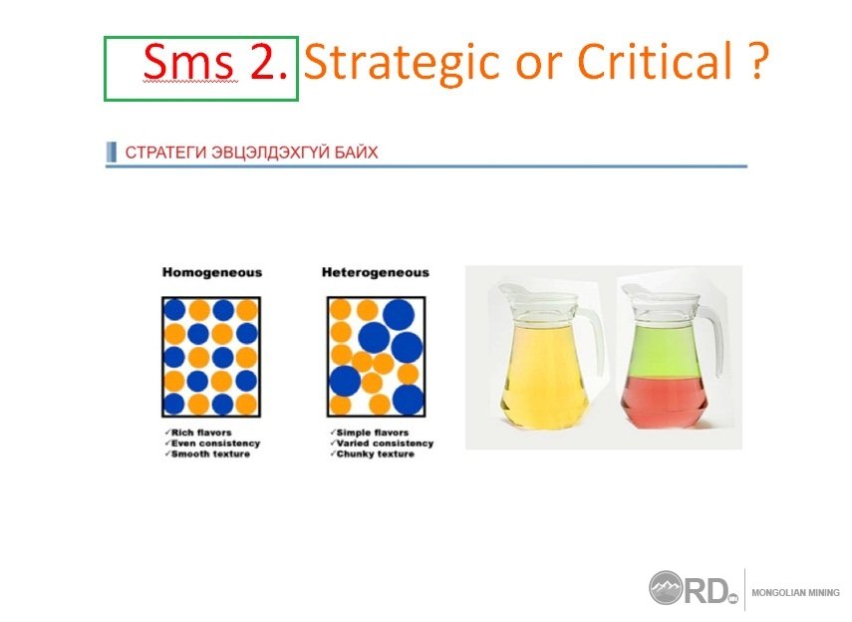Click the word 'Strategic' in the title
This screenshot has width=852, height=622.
pos(402,64)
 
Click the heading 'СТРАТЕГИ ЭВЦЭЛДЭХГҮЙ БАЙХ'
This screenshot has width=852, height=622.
pos(251,153)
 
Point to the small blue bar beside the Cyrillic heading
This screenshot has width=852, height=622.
pos(112,152)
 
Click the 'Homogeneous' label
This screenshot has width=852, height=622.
pos(212,272)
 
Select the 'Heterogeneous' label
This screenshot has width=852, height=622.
pos(376,272)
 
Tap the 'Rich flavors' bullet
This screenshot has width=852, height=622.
pos(198,433)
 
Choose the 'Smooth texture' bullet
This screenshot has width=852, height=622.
pos(207,454)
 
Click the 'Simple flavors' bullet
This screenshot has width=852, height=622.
pos(369,433)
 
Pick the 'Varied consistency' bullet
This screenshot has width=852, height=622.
pos(382,444)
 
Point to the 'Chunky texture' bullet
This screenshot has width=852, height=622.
pos(372,454)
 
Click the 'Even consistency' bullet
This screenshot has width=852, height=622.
pos(212,444)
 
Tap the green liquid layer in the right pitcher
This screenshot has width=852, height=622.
pos(664,351)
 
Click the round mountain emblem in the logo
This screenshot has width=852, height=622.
pos(666,588)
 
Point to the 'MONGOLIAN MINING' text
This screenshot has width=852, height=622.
pos(795,593)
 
